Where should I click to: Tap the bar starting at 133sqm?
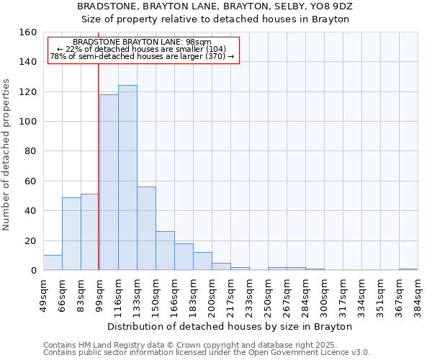[146, 228]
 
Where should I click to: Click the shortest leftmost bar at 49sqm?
[53, 263]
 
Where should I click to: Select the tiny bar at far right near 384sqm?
[408, 269]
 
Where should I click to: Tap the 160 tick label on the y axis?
[28, 32]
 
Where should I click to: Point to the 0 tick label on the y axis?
[33, 270]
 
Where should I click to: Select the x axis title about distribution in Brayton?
[234, 326]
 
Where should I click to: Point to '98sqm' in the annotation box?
[197, 42]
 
